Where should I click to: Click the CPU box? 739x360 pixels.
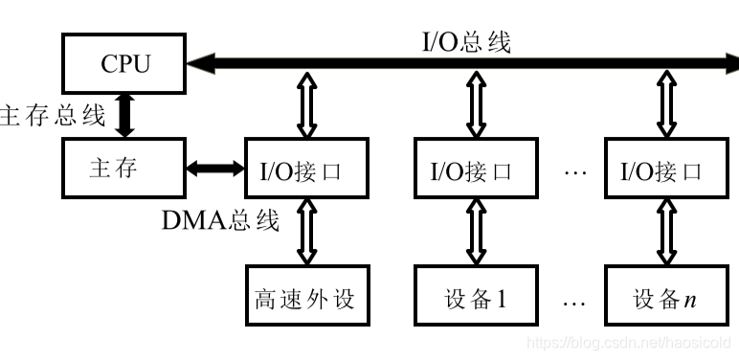[x=124, y=63]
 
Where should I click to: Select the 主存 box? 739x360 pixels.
[x=123, y=169]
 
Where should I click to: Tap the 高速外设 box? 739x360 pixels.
[x=305, y=298]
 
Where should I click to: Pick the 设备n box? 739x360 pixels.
[x=663, y=298]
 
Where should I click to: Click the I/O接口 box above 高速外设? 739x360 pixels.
[x=305, y=170]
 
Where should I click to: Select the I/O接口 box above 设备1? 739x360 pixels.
[x=474, y=170]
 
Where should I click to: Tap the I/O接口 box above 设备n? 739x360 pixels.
[x=663, y=170]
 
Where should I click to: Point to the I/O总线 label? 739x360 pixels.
[x=466, y=41]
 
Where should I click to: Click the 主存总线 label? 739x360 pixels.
[x=53, y=116]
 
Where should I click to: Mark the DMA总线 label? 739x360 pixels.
[x=220, y=220]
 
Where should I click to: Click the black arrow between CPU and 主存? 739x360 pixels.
[x=125, y=116]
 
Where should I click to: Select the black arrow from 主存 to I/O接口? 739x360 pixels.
[x=216, y=169]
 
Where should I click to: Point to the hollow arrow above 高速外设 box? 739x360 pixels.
[x=306, y=233]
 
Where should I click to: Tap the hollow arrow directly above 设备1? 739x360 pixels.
[x=474, y=233]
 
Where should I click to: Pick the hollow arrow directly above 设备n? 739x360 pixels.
[x=663, y=233]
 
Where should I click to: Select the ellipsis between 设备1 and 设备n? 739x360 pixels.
[x=572, y=301]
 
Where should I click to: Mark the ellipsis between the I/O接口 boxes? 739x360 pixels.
[x=572, y=173]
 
